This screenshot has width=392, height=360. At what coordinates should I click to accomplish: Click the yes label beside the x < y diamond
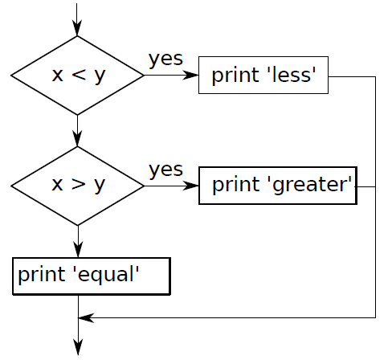(165, 59)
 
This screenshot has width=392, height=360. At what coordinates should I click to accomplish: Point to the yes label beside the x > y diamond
(165, 170)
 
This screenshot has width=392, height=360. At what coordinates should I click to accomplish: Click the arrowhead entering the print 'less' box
(190, 76)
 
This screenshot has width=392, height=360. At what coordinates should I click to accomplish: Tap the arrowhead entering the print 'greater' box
(190, 186)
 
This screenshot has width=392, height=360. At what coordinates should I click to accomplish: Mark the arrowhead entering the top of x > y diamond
(77, 139)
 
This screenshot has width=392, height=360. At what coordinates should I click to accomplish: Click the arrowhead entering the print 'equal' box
(78, 250)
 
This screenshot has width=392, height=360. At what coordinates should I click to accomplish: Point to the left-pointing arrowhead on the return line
(86, 318)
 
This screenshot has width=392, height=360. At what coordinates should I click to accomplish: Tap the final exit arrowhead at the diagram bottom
(78, 347)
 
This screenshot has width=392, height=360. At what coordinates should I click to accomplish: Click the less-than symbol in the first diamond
(79, 75)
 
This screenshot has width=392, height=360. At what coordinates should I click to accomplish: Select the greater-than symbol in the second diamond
(79, 184)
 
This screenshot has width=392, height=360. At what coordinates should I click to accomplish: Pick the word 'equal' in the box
(106, 275)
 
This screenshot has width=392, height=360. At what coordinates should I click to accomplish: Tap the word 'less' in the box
(292, 74)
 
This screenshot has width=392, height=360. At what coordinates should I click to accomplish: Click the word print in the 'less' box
(235, 76)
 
